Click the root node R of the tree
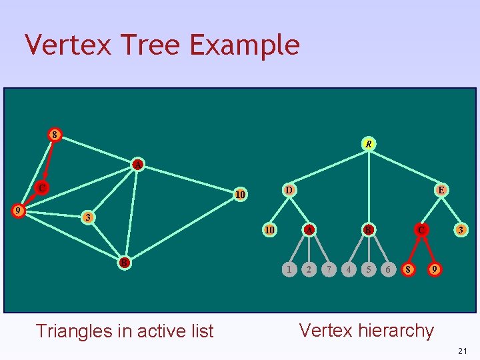(369, 143)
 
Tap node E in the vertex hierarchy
(441, 190)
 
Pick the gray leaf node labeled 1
(288, 269)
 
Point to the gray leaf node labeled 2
(308, 269)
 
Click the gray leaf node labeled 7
(329, 269)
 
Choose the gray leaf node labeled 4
(348, 269)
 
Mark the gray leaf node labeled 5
(368, 269)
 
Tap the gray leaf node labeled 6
(388, 269)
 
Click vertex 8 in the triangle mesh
(55, 135)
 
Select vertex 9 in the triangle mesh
(20, 211)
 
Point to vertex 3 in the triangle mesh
(87, 217)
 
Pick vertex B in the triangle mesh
(124, 262)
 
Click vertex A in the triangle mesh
(137, 164)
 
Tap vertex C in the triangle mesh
(42, 188)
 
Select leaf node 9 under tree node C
(435, 269)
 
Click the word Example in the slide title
(244, 45)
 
